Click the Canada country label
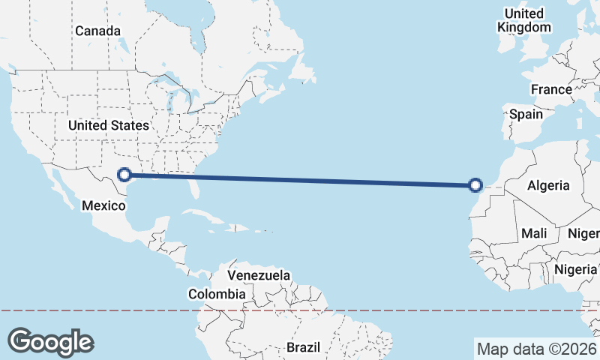tap(98, 31)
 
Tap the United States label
tap(108, 125)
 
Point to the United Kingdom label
tap(524, 20)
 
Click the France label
tap(551, 89)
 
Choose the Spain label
tap(526, 115)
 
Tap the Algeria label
tap(548, 185)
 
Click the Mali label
tap(534, 233)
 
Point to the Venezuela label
tap(259, 275)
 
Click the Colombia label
tap(216, 294)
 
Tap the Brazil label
tap(303, 347)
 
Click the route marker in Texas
tap(125, 175)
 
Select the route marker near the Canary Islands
tap(475, 185)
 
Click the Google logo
tap(50, 341)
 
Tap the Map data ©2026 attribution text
tap(536, 349)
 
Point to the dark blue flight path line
tap(300, 180)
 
